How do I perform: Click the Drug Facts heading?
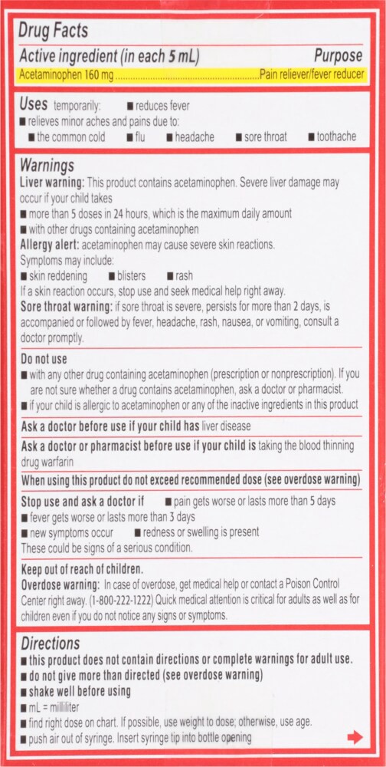pos(53,31)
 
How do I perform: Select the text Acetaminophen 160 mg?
pos(65,74)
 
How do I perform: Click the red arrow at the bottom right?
pos(355,737)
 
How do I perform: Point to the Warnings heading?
pos(47,165)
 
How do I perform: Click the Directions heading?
pos(50,643)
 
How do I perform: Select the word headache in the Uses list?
pos(195,137)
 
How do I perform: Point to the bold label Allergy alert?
pos(51,245)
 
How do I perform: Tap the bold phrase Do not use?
pos(44,358)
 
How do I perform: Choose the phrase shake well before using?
pos(80,690)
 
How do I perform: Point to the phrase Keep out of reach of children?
pos(82,569)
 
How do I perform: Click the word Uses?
pos(34,104)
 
